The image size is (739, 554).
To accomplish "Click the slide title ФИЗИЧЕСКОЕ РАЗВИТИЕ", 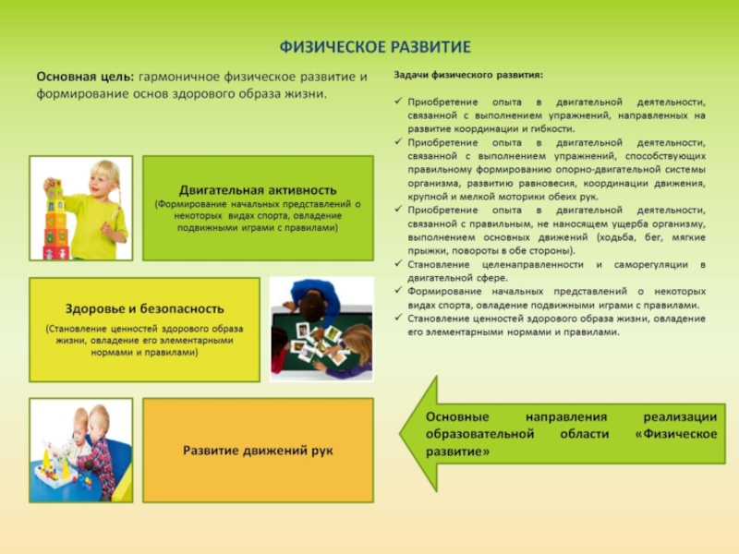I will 375,46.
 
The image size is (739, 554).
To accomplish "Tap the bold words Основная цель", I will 84,76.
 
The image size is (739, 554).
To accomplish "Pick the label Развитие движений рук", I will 258,451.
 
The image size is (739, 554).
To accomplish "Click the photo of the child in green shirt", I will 81,208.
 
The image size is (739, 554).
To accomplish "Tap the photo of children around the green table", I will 321,330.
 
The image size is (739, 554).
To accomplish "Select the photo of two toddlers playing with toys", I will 81,450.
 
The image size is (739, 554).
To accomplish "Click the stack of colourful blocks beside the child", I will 55,222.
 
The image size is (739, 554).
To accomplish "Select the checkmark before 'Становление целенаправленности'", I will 398,264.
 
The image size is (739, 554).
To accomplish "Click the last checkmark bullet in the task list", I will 398,319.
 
